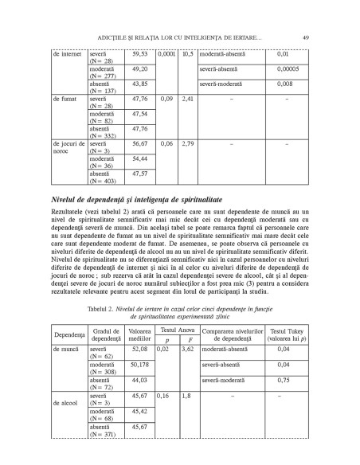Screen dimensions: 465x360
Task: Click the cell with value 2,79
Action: [x=188, y=144]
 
